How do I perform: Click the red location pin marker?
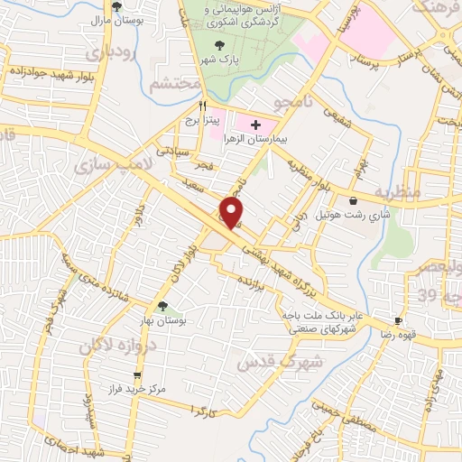[232, 213]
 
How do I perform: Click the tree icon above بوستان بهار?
[162, 307]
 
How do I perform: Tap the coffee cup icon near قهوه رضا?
[397, 321]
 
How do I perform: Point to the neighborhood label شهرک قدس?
[268, 362]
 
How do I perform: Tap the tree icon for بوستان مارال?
[116, 6]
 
